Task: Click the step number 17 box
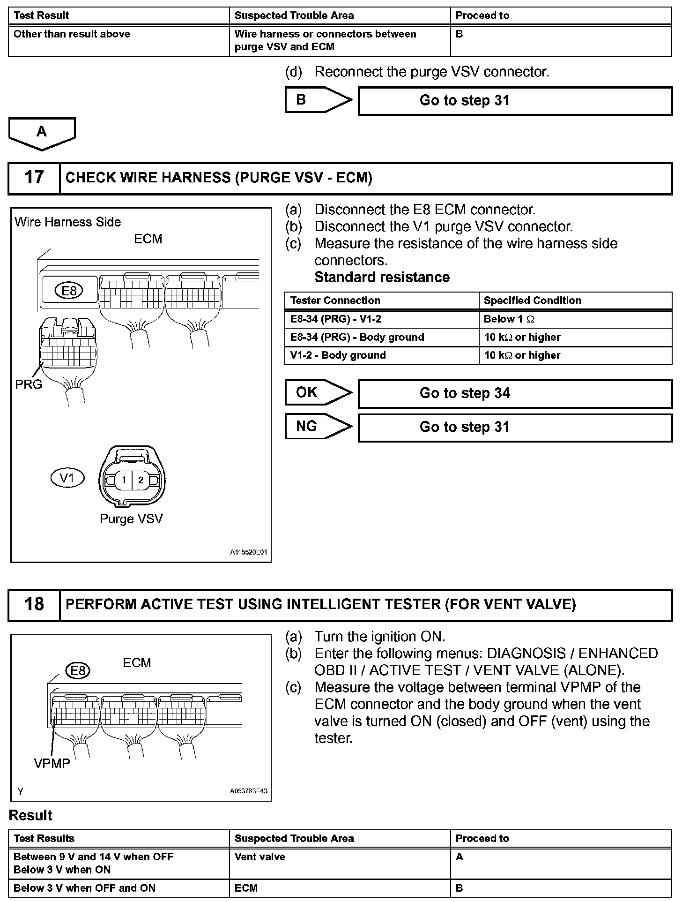tap(34, 178)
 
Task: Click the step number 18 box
tap(34, 604)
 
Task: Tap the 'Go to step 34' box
tap(515, 393)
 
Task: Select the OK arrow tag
tap(318, 392)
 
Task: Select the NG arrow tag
tap(318, 427)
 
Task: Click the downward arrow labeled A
tap(42, 133)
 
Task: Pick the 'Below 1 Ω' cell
tap(575, 319)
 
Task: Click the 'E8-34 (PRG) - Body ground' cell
tap(381, 337)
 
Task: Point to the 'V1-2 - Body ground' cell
tap(381, 355)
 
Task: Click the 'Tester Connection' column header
tap(381, 301)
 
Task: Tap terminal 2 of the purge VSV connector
tap(141, 480)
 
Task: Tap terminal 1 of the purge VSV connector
tap(124, 480)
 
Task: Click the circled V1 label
tap(67, 478)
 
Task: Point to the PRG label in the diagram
tap(29, 384)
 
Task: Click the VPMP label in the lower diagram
tap(52, 764)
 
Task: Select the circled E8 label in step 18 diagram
tap(78, 671)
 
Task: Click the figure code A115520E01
tap(248, 553)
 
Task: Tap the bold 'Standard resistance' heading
tap(382, 277)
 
